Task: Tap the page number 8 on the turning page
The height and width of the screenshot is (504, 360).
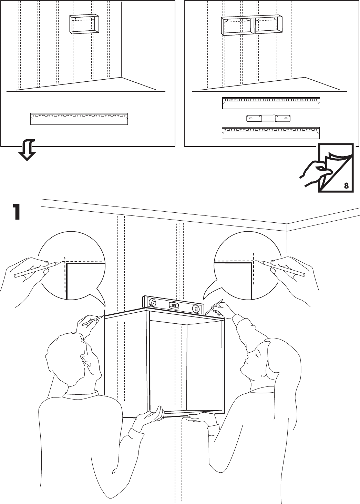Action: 347,186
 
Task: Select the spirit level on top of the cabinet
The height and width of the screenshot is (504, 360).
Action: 173,305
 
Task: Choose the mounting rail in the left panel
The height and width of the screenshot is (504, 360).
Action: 79,118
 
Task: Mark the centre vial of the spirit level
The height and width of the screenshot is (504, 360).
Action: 173,305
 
